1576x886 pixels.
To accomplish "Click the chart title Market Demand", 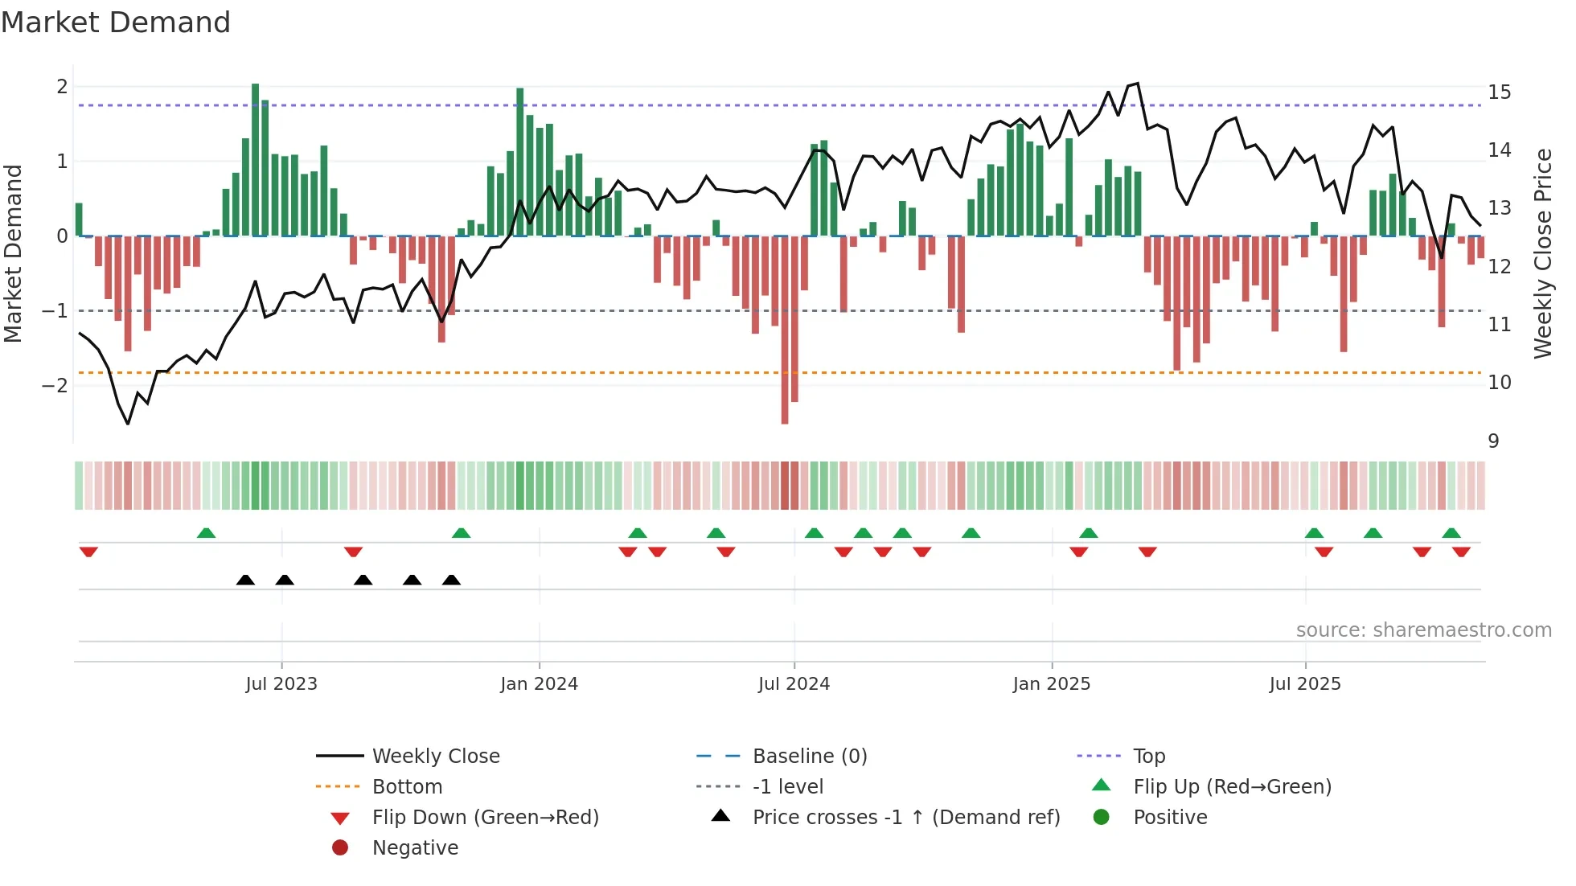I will [x=116, y=23].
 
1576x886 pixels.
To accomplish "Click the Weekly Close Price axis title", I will [x=1542, y=253].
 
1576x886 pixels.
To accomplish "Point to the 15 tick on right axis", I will [x=1499, y=92].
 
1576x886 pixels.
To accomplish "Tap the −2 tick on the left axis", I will [x=55, y=385].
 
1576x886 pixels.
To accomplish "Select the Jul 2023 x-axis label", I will [x=281, y=684].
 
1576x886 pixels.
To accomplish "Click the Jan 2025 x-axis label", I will [x=1051, y=684].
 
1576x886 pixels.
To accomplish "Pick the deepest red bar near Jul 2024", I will [x=785, y=330].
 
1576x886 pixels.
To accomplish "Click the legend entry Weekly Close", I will [x=435, y=757].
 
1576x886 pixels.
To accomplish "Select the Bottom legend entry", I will [x=407, y=787].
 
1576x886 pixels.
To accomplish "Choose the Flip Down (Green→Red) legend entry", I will [x=485, y=818].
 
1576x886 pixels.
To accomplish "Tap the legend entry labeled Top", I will [x=1148, y=757].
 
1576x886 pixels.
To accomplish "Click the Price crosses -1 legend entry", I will [x=905, y=818].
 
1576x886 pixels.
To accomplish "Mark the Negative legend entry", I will [x=415, y=848].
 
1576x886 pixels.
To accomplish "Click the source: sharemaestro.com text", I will [x=1423, y=630].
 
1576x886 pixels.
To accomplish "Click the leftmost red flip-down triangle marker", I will [x=88, y=552].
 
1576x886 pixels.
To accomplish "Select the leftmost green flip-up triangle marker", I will [x=206, y=533].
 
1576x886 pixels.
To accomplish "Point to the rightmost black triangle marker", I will [x=451, y=580].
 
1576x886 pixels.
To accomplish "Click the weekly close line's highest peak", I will [x=1137, y=84].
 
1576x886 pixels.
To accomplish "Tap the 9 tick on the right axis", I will [x=1493, y=441].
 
